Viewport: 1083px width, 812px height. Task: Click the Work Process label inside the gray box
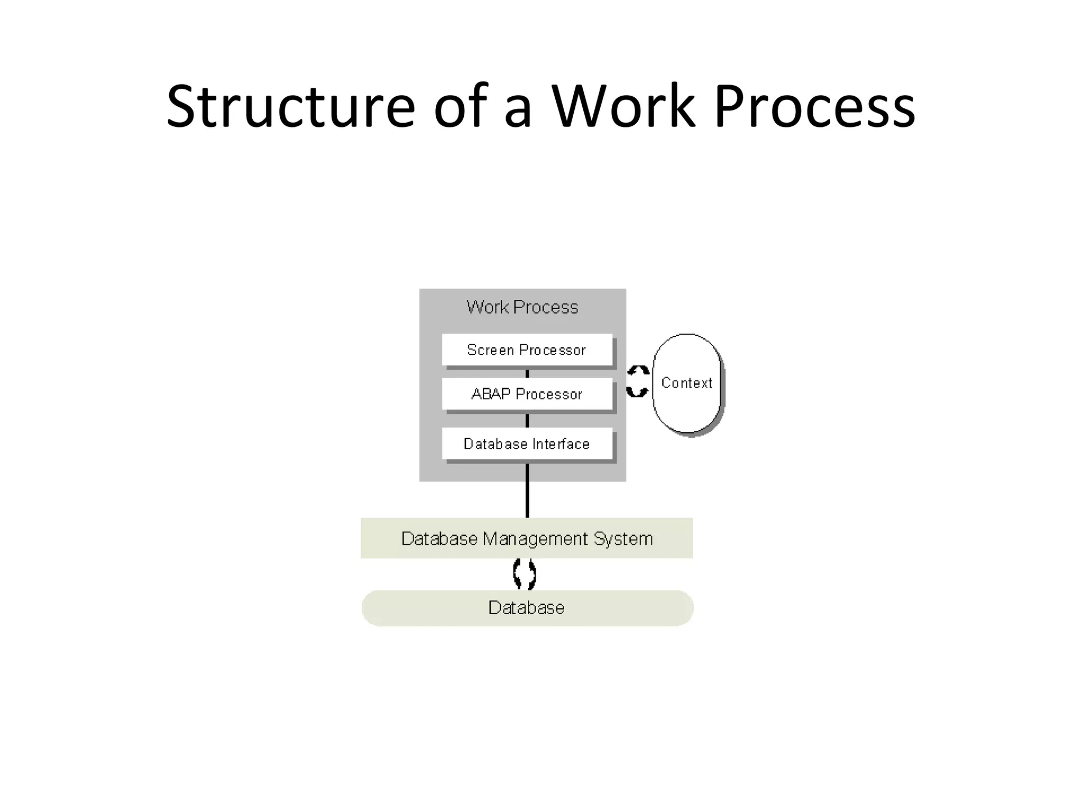click(x=522, y=307)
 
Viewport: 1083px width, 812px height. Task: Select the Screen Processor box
click(x=527, y=350)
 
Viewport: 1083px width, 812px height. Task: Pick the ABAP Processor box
click(x=527, y=394)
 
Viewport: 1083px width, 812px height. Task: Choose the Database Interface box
click(x=527, y=444)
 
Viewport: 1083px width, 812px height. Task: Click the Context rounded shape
click(x=687, y=383)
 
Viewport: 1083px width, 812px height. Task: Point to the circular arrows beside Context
click(x=638, y=381)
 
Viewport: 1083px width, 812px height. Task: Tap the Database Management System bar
click(x=527, y=538)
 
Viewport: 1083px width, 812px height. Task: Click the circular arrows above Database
click(x=525, y=574)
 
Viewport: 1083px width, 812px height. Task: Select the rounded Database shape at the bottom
click(x=527, y=608)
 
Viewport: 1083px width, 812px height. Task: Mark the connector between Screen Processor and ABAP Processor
click(x=527, y=373)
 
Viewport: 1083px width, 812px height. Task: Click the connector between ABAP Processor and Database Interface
click(x=527, y=420)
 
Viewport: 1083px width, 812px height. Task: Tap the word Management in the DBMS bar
click(x=535, y=539)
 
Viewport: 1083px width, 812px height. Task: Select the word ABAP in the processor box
click(x=491, y=394)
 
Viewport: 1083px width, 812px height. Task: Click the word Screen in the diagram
click(x=490, y=350)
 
